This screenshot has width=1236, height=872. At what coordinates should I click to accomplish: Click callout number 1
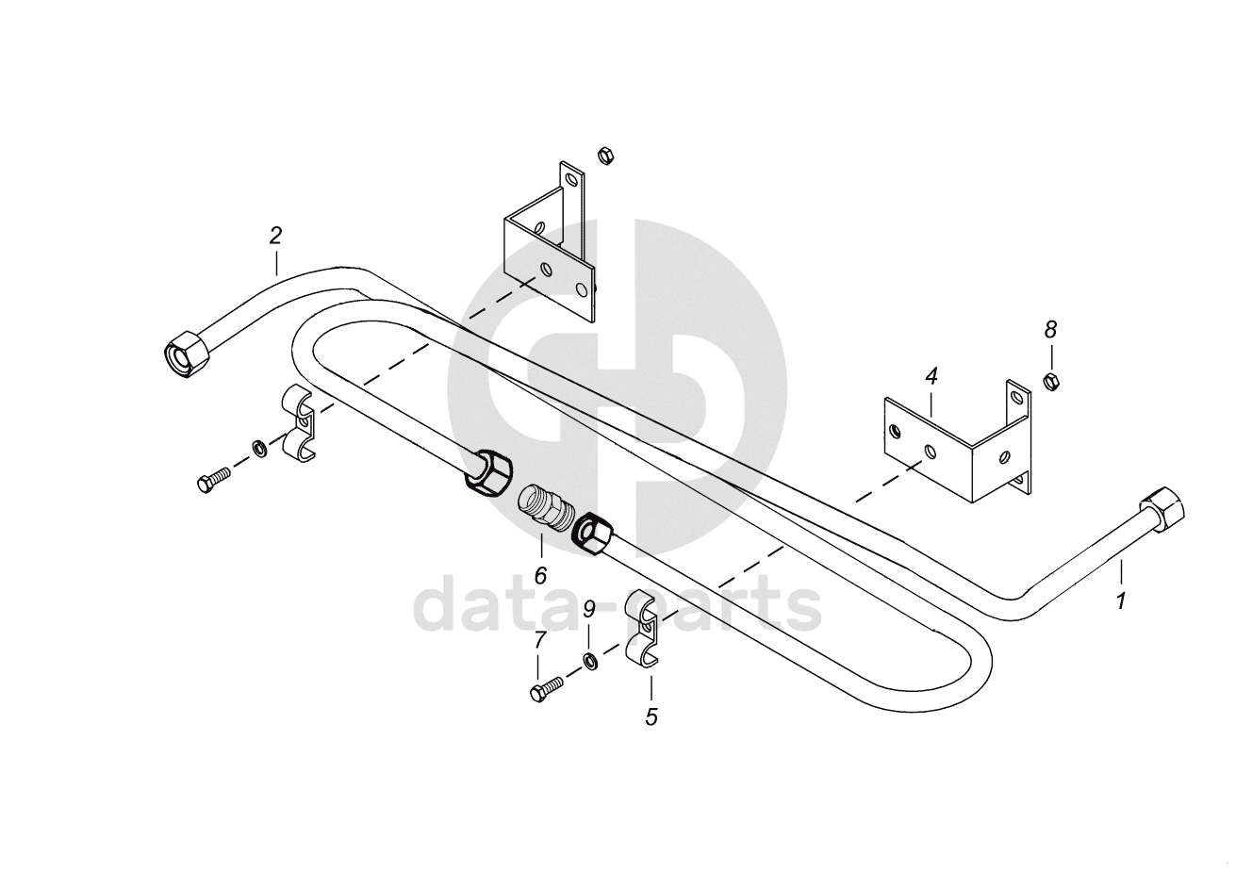[x=1121, y=600]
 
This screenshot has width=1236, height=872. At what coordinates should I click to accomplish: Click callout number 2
[x=275, y=235]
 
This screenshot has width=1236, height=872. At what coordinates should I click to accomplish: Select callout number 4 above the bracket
[x=931, y=376]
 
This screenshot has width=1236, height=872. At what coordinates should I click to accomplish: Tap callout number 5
[x=651, y=716]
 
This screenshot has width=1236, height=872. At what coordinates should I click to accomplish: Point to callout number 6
[x=540, y=574]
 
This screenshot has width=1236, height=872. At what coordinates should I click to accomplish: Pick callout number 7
[x=539, y=640]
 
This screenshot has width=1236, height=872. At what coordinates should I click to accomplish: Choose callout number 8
[x=1050, y=329]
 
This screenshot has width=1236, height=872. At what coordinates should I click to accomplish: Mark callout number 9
[x=588, y=609]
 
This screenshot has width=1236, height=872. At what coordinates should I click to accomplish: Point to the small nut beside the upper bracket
[x=605, y=155]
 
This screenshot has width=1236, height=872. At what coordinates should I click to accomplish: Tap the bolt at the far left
[x=214, y=479]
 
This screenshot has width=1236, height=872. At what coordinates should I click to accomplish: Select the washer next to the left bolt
[x=257, y=446]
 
